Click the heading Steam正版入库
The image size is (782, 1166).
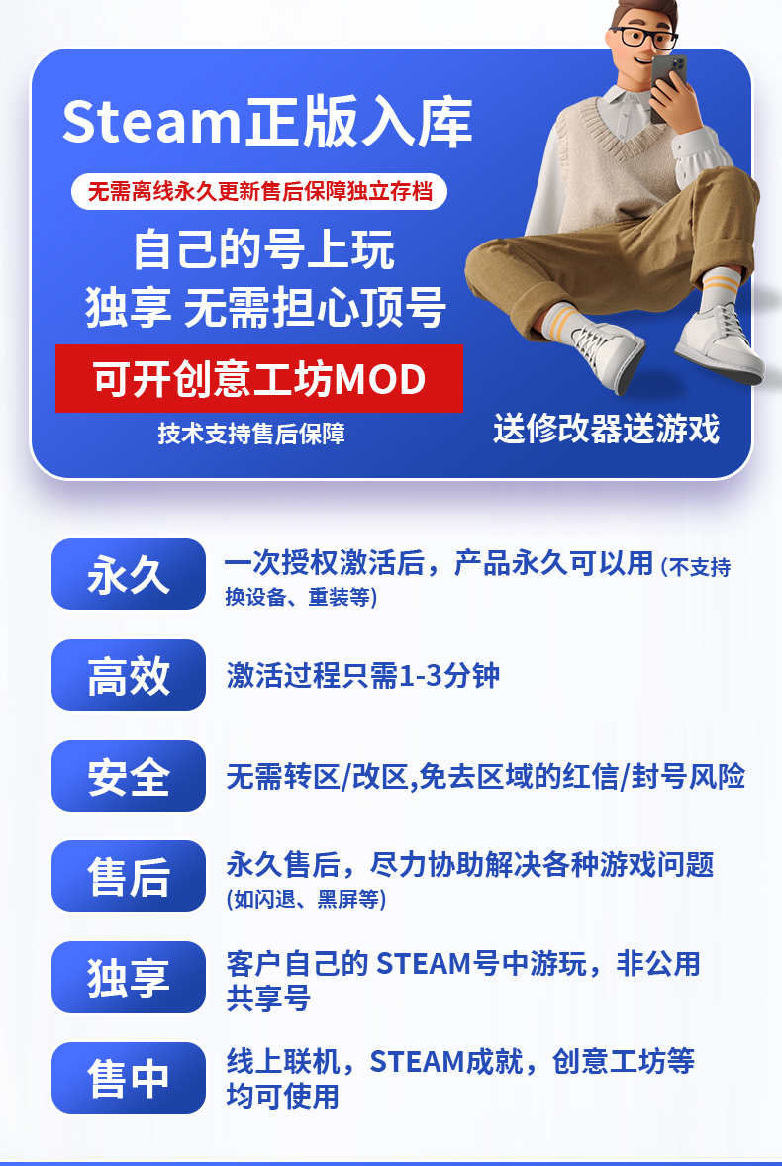267,121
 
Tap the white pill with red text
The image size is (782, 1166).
258,192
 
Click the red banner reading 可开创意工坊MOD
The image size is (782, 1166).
259,378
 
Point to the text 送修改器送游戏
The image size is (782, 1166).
606,429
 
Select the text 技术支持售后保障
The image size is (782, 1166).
251,434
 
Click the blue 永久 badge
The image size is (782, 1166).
129,574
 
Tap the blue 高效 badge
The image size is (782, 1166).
129,675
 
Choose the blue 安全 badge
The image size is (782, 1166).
129,776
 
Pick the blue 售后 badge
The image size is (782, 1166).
129,876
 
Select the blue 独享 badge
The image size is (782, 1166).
129,977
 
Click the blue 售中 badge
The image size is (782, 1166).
129,1078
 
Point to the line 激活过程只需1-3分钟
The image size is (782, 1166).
362,676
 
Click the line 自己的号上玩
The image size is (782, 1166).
263,250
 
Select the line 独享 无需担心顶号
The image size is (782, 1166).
265,307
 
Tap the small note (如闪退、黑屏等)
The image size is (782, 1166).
306,900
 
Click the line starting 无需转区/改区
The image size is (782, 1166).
485,777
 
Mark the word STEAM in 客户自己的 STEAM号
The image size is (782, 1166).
424,964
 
